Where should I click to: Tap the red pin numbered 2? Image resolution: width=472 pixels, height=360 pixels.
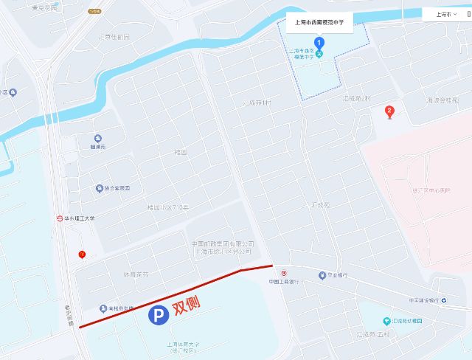pos(390,112)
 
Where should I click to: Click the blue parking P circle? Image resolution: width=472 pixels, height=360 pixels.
pos(158,315)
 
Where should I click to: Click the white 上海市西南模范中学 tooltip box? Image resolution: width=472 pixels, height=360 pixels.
pos(319,22)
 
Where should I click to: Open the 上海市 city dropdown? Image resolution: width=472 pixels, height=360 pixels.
pos(446,14)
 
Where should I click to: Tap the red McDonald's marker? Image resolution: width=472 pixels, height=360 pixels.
pos(82,255)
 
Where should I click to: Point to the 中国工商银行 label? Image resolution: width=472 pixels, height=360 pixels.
pos(283,281)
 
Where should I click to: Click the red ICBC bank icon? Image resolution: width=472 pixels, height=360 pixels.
pos(274,273)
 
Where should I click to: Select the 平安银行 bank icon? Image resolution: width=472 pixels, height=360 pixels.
pos(322,276)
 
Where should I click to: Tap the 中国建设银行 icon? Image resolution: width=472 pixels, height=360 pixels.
pos(444,300)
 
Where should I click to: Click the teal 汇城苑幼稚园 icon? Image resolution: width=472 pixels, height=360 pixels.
pos(386,322)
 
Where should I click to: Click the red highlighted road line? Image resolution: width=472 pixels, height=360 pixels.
pos(177,294)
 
